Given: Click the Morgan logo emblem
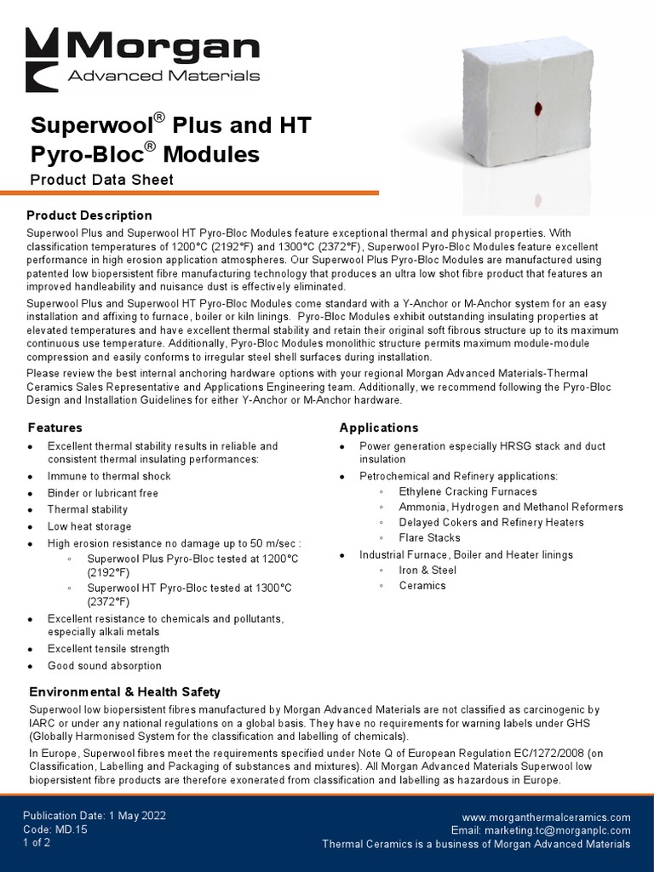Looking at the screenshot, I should pos(41,59).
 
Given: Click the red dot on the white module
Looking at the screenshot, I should pos(538,108).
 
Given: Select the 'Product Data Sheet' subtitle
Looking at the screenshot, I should pos(101,180).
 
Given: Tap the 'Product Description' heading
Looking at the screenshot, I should pos(89,215).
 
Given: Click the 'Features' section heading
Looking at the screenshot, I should pos(55,427).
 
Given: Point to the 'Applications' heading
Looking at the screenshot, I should pos(379,427).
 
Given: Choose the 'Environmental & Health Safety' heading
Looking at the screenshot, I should pos(124,692).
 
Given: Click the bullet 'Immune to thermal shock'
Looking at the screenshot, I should pos(109,477).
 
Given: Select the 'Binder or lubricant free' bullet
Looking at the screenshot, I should pos(103,493).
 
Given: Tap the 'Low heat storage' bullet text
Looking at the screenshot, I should pos(89,526).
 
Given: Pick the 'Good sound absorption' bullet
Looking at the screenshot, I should pos(104,666).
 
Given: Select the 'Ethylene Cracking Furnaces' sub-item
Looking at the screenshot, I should pos(468,492).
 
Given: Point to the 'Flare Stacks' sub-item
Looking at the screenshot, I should pos(429,538).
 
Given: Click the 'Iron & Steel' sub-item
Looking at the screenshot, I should pos(427,571).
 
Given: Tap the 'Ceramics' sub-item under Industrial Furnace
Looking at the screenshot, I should pos(422,586).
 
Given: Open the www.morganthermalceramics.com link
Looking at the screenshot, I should pos(546,817).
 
